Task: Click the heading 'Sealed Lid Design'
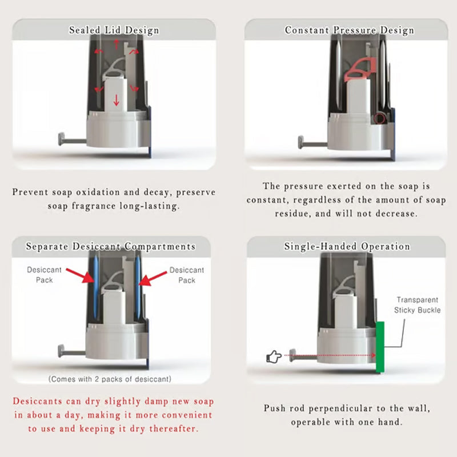click(114, 30)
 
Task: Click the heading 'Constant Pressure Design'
click(349, 30)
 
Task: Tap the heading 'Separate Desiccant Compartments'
click(111, 247)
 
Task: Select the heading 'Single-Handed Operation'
click(347, 247)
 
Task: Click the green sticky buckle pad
click(380, 347)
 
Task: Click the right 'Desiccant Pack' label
click(187, 275)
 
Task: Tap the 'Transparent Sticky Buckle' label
click(417, 305)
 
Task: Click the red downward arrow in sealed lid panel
click(117, 101)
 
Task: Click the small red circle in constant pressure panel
click(379, 118)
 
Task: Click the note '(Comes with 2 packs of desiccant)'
click(110, 379)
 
